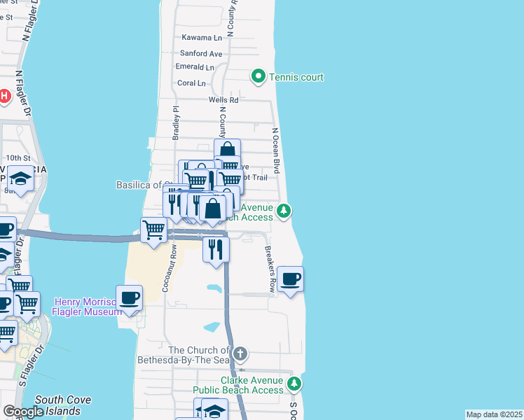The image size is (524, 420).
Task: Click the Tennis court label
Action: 296,77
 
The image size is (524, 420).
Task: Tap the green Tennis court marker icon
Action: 258,76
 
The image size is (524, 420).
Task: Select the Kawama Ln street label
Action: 201,37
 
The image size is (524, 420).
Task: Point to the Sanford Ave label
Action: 201,53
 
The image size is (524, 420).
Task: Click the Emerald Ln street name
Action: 195,67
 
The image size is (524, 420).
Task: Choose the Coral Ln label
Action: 192,83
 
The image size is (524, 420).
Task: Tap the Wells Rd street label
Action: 223,100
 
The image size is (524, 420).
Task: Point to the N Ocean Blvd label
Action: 276,150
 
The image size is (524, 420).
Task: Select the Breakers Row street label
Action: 268,269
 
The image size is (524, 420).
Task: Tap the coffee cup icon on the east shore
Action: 291,280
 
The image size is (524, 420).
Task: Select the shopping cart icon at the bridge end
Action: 153,229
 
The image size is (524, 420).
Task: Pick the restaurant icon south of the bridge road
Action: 216,248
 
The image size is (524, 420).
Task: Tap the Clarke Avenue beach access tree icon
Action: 294,383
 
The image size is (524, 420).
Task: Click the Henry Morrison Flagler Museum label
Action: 88,307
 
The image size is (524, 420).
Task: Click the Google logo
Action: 23,412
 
